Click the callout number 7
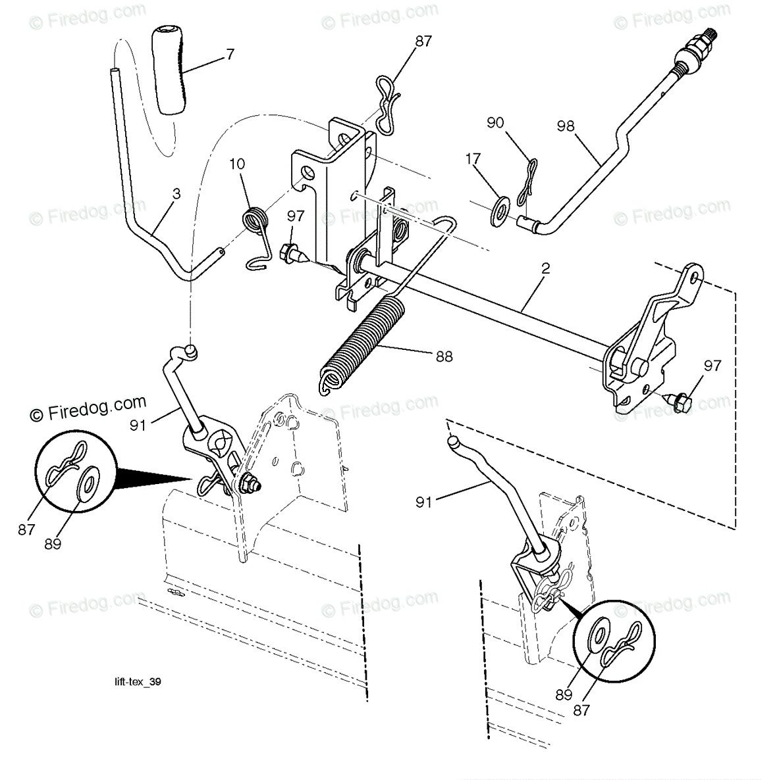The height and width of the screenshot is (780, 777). click(x=230, y=54)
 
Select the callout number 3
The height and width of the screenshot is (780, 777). click(x=176, y=195)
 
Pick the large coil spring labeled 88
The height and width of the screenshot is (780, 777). click(x=356, y=342)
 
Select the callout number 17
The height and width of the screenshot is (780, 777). click(x=472, y=158)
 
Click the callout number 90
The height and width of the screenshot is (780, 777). click(x=514, y=122)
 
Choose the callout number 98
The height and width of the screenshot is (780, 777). click(x=565, y=126)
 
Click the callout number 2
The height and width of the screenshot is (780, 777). click(x=545, y=268)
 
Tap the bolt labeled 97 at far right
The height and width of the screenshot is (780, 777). click(x=679, y=400)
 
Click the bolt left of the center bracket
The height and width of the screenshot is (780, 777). click(x=289, y=253)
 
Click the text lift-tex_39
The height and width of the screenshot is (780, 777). click(x=137, y=681)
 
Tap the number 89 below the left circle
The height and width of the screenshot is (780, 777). click(x=53, y=544)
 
